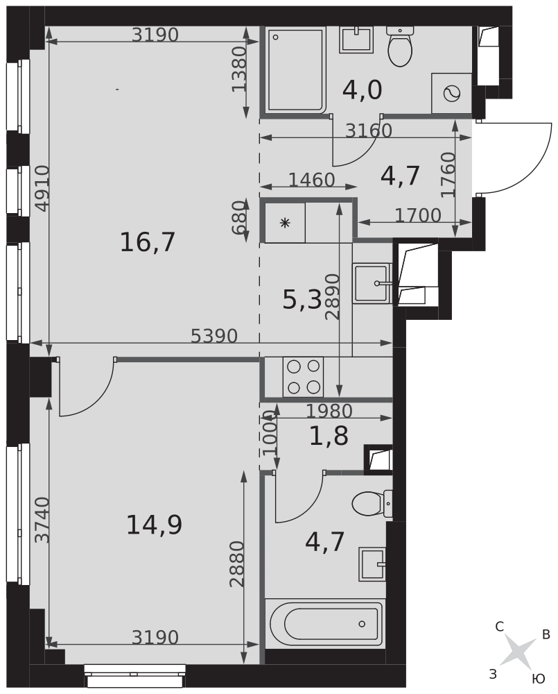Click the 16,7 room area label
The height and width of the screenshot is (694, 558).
[x=148, y=242]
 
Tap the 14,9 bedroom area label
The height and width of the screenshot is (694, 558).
[x=154, y=525]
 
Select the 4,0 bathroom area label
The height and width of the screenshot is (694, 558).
[x=362, y=90]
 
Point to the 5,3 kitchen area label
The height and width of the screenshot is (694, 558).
[x=302, y=301]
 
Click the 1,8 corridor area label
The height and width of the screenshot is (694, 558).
[x=329, y=436]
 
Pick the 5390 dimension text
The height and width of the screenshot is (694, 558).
[x=214, y=337]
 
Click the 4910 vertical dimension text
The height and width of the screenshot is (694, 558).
[x=42, y=189]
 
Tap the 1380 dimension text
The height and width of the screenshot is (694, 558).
[x=238, y=69]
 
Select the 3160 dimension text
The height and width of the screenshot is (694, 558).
[x=368, y=130]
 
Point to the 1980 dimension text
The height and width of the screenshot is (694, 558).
[x=329, y=411]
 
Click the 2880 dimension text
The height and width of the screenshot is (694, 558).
[x=237, y=564]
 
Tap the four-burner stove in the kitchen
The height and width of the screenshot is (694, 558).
[x=304, y=377]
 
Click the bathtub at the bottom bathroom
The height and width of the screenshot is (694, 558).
[x=324, y=623]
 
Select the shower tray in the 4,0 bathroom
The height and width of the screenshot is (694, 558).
[x=295, y=69]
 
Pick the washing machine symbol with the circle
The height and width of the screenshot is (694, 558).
[x=452, y=94]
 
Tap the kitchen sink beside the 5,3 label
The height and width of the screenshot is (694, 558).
[x=372, y=283]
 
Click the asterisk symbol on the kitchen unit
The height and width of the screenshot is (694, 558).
[x=285, y=223]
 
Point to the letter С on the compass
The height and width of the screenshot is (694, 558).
[x=500, y=627]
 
